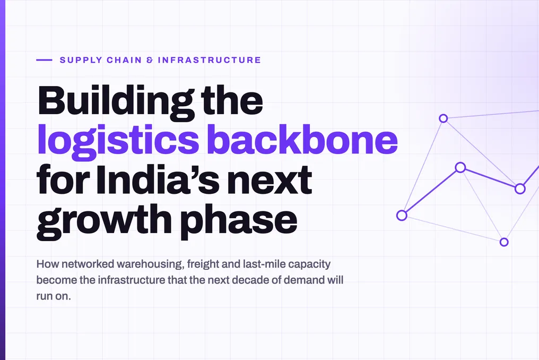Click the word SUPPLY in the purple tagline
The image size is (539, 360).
tap(81, 60)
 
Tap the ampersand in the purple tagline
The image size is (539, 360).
tap(150, 60)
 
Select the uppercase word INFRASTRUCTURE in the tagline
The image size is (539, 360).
tap(210, 60)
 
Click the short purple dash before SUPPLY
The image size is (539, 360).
tap(44, 60)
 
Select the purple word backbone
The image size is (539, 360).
tap(302, 139)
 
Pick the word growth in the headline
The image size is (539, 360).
tap(104, 221)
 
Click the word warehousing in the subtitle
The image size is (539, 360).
tap(150, 264)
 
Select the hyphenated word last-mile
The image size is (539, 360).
tap(264, 264)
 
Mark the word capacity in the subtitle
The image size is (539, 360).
tap(310, 264)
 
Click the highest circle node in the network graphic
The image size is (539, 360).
tap(444, 118)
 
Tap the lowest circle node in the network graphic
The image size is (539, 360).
tap(504, 242)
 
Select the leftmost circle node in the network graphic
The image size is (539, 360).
tap(402, 216)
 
